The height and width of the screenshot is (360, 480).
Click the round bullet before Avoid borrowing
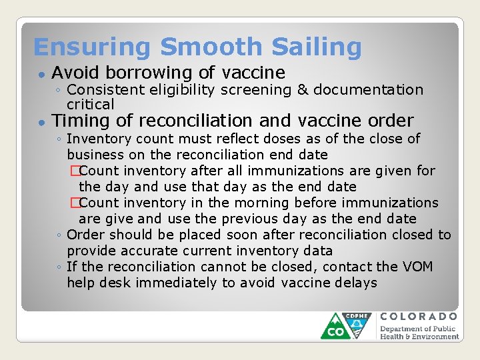click(41, 74)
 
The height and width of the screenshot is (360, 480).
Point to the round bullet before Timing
click(41, 122)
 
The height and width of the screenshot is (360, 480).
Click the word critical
click(91, 105)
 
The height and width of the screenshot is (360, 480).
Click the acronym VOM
click(418, 267)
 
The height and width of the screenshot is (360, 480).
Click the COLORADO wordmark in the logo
click(419, 316)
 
